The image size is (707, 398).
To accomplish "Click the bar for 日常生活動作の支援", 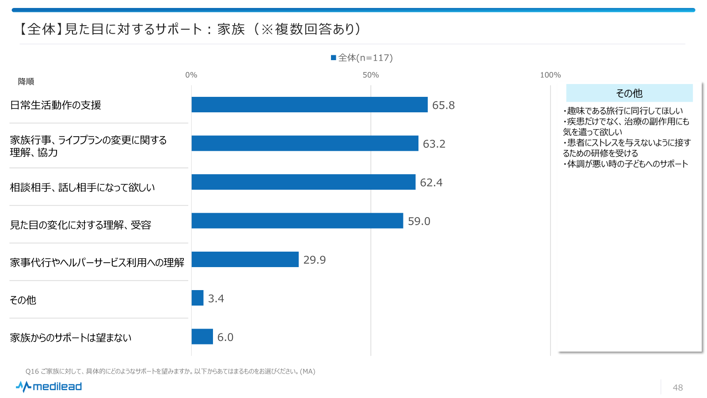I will coord(309,105).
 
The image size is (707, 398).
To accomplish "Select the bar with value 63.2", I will coord(305,143).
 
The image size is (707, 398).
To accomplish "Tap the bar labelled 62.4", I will coord(304,182).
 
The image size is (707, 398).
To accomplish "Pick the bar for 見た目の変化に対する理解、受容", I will coord(297,221).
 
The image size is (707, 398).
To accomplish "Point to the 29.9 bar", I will coord(245,260).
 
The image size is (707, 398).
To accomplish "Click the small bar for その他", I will coord(198,298).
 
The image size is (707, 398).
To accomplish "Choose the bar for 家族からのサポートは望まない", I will coord(202,337).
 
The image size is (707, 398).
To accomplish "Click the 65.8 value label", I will coord(443,105).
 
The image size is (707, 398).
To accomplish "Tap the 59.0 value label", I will coord(419,221).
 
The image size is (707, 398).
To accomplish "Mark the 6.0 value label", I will coord(225,337).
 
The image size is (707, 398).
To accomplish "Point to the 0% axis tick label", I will coord(191,75).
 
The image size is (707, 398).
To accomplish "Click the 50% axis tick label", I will coord(371,75).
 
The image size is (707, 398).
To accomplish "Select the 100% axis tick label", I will coord(550,75).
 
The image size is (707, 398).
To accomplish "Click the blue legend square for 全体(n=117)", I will coord(334,57).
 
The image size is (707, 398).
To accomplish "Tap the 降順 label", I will coord(26,81).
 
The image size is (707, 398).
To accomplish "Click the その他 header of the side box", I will coord(629,93).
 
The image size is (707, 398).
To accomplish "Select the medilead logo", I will coord(49,387).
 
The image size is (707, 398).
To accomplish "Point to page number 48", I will coord(678,388).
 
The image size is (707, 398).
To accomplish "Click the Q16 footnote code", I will coord(32,371).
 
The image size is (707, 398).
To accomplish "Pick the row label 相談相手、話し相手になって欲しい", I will coord(83,188).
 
